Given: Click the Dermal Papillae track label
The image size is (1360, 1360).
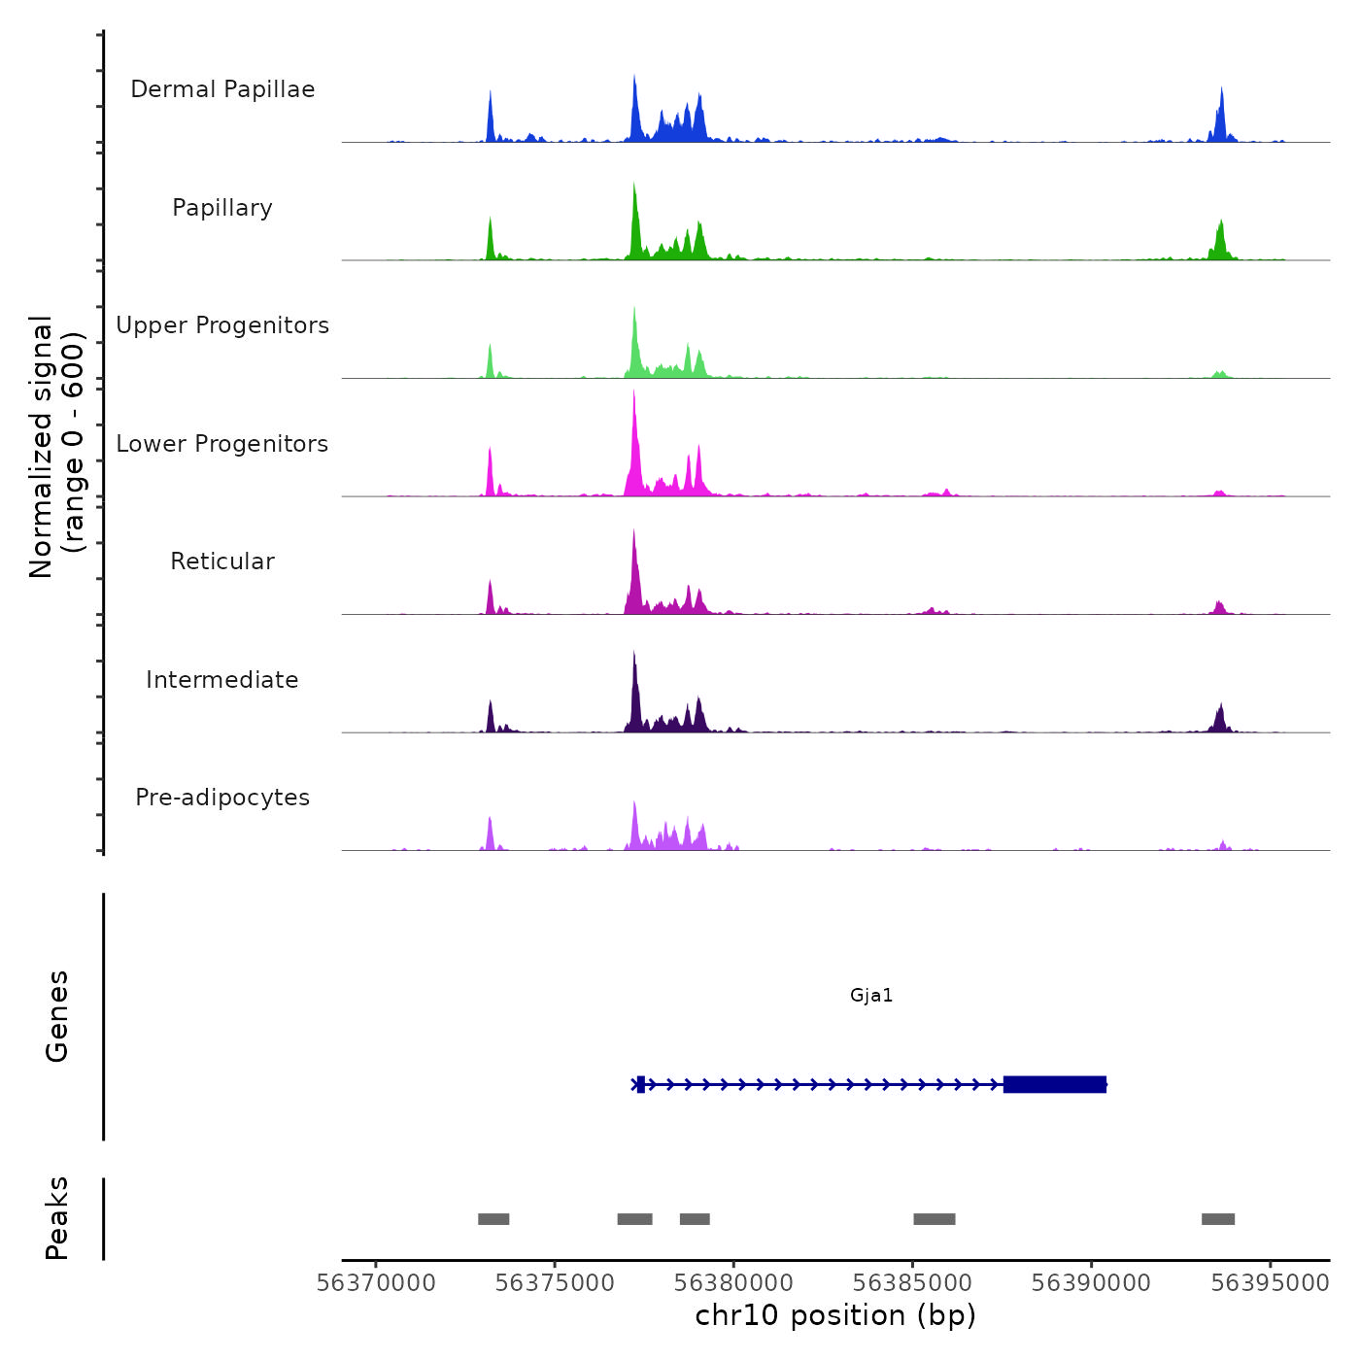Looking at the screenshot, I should [x=222, y=89].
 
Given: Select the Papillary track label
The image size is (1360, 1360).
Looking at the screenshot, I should [x=222, y=208].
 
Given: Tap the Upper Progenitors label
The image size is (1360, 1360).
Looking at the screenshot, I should [x=222, y=325].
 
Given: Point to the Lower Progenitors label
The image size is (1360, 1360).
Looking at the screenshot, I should [x=222, y=444].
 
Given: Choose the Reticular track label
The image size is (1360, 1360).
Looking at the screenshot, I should [x=222, y=561].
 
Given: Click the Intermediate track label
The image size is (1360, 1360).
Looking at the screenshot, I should [x=222, y=680].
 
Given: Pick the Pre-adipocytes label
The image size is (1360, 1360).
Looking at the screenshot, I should [x=222, y=798].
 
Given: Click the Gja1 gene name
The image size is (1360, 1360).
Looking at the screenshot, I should [x=871, y=995].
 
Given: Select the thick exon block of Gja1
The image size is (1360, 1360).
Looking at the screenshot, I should [x=1054, y=1084].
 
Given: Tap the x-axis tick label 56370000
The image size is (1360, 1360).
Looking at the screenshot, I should [x=376, y=1283].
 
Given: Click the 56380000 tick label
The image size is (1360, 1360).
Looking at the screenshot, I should [x=733, y=1283].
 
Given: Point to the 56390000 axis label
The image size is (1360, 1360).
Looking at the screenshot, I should [x=1091, y=1283].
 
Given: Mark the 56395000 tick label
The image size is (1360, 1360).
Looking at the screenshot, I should [x=1270, y=1283].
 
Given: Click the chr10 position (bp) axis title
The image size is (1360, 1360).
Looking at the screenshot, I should [x=835, y=1315].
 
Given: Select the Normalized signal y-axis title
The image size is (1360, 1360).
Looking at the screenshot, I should [x=56, y=447].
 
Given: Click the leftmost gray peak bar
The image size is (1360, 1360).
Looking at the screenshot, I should [x=493, y=1219].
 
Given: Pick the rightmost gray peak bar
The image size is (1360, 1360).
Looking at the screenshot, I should [x=1218, y=1219].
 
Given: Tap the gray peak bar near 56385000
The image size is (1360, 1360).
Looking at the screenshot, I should [x=935, y=1219].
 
